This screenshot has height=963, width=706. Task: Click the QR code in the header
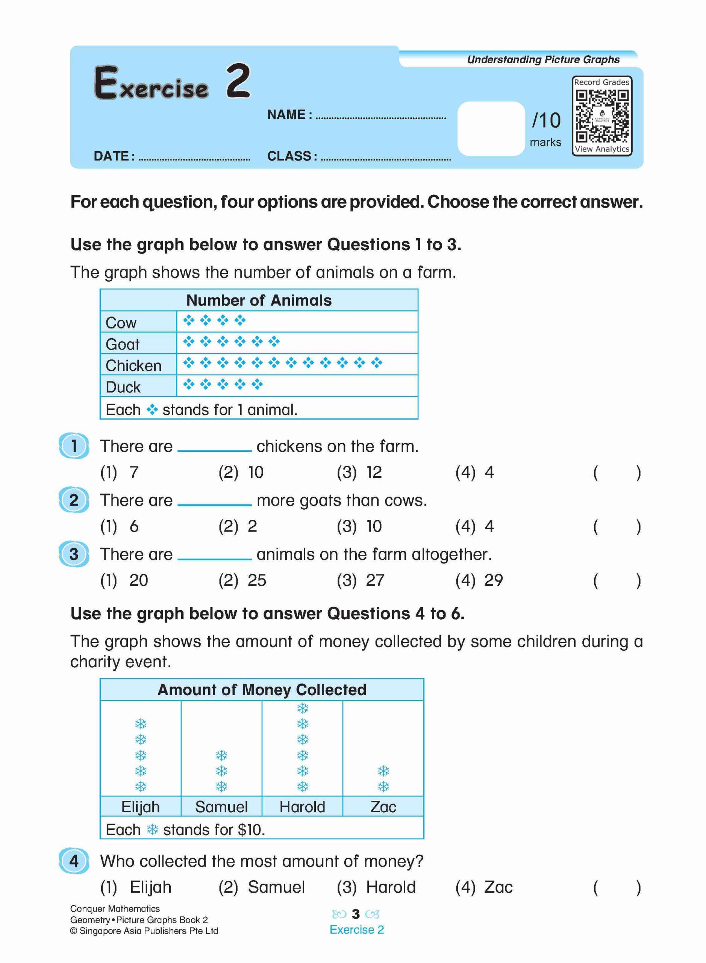tap(602, 116)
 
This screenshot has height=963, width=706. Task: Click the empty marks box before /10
tap(491, 128)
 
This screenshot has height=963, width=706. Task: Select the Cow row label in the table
tap(121, 323)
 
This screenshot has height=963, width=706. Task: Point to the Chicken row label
tap(133, 366)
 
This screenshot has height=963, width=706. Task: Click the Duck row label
tap(123, 387)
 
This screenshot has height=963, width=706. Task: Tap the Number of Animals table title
tap(259, 300)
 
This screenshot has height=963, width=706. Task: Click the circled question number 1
tap(74, 446)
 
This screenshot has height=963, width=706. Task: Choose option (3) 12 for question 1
tap(359, 472)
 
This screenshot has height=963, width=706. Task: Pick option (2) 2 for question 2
tap(238, 526)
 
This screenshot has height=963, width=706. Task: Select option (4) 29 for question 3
tap(479, 580)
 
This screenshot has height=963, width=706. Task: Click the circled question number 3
tap(74, 554)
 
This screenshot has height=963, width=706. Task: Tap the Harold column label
tap(302, 807)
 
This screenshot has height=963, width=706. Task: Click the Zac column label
tap(383, 807)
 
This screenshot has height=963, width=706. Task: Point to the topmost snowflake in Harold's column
tap(303, 709)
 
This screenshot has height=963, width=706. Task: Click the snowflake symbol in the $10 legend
tap(153, 830)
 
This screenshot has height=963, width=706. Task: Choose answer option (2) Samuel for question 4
tap(262, 887)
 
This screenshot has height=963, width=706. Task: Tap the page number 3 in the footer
tap(356, 914)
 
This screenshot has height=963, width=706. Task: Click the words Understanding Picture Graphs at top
tap(543, 59)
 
